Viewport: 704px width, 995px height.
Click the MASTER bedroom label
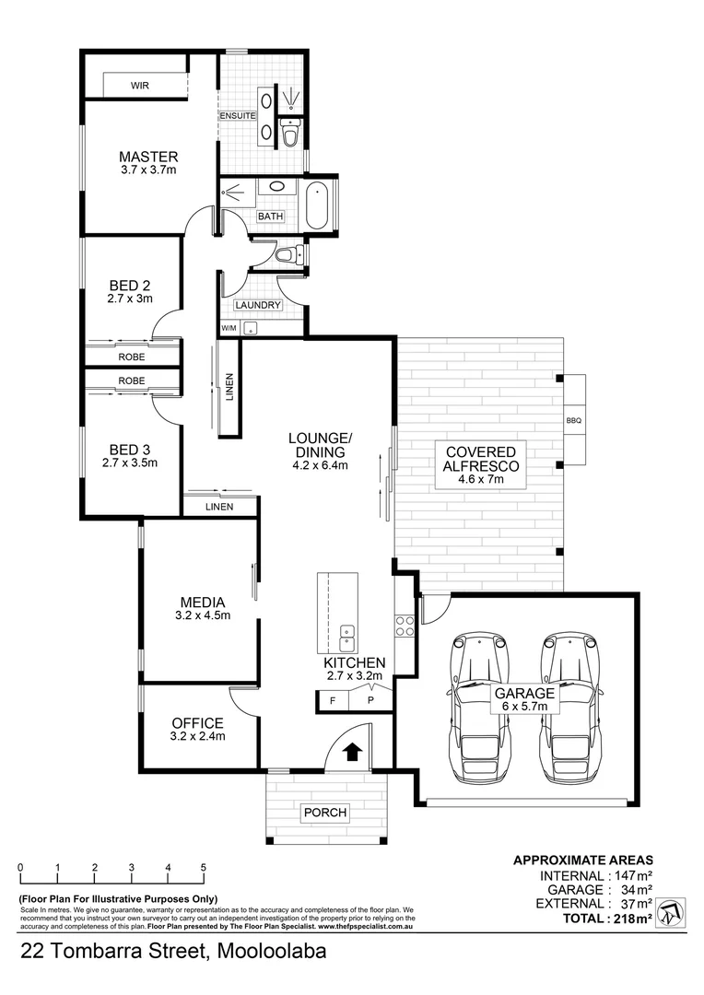tap(148, 157)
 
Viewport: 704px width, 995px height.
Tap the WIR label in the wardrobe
tap(140, 85)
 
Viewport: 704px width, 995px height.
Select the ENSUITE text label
tap(238, 115)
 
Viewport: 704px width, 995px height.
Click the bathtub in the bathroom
tap(317, 205)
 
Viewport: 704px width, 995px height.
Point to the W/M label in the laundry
tap(229, 329)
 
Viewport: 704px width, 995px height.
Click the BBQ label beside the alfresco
tap(574, 421)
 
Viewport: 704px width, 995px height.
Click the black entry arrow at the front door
tap(351, 752)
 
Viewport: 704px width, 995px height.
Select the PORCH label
tap(325, 813)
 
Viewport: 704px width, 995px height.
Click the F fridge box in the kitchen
tap(331, 700)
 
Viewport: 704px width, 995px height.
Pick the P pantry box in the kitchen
tap(370, 700)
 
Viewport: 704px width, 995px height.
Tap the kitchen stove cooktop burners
tap(404, 626)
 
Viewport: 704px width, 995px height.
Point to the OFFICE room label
tap(198, 722)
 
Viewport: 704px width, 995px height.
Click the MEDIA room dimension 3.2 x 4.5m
tap(203, 615)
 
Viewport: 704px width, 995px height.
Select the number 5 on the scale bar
tap(204, 868)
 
